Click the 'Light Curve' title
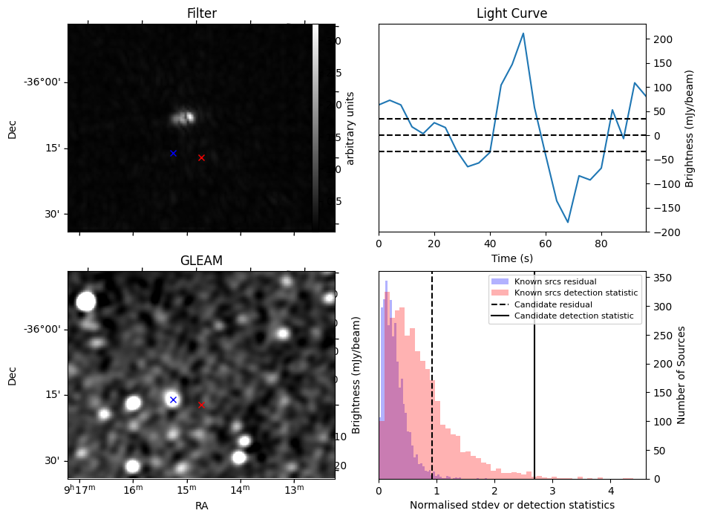coord(511,13)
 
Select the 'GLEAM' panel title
coord(201,261)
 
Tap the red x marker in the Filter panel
coord(201,157)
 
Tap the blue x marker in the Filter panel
coord(173,153)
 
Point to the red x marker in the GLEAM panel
coord(201,405)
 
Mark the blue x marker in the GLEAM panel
coord(173,399)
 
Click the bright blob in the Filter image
coord(183,117)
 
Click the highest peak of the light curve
coord(523,33)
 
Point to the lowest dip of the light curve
coord(568,222)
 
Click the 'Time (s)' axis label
coord(511,258)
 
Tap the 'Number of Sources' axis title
coord(681,374)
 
